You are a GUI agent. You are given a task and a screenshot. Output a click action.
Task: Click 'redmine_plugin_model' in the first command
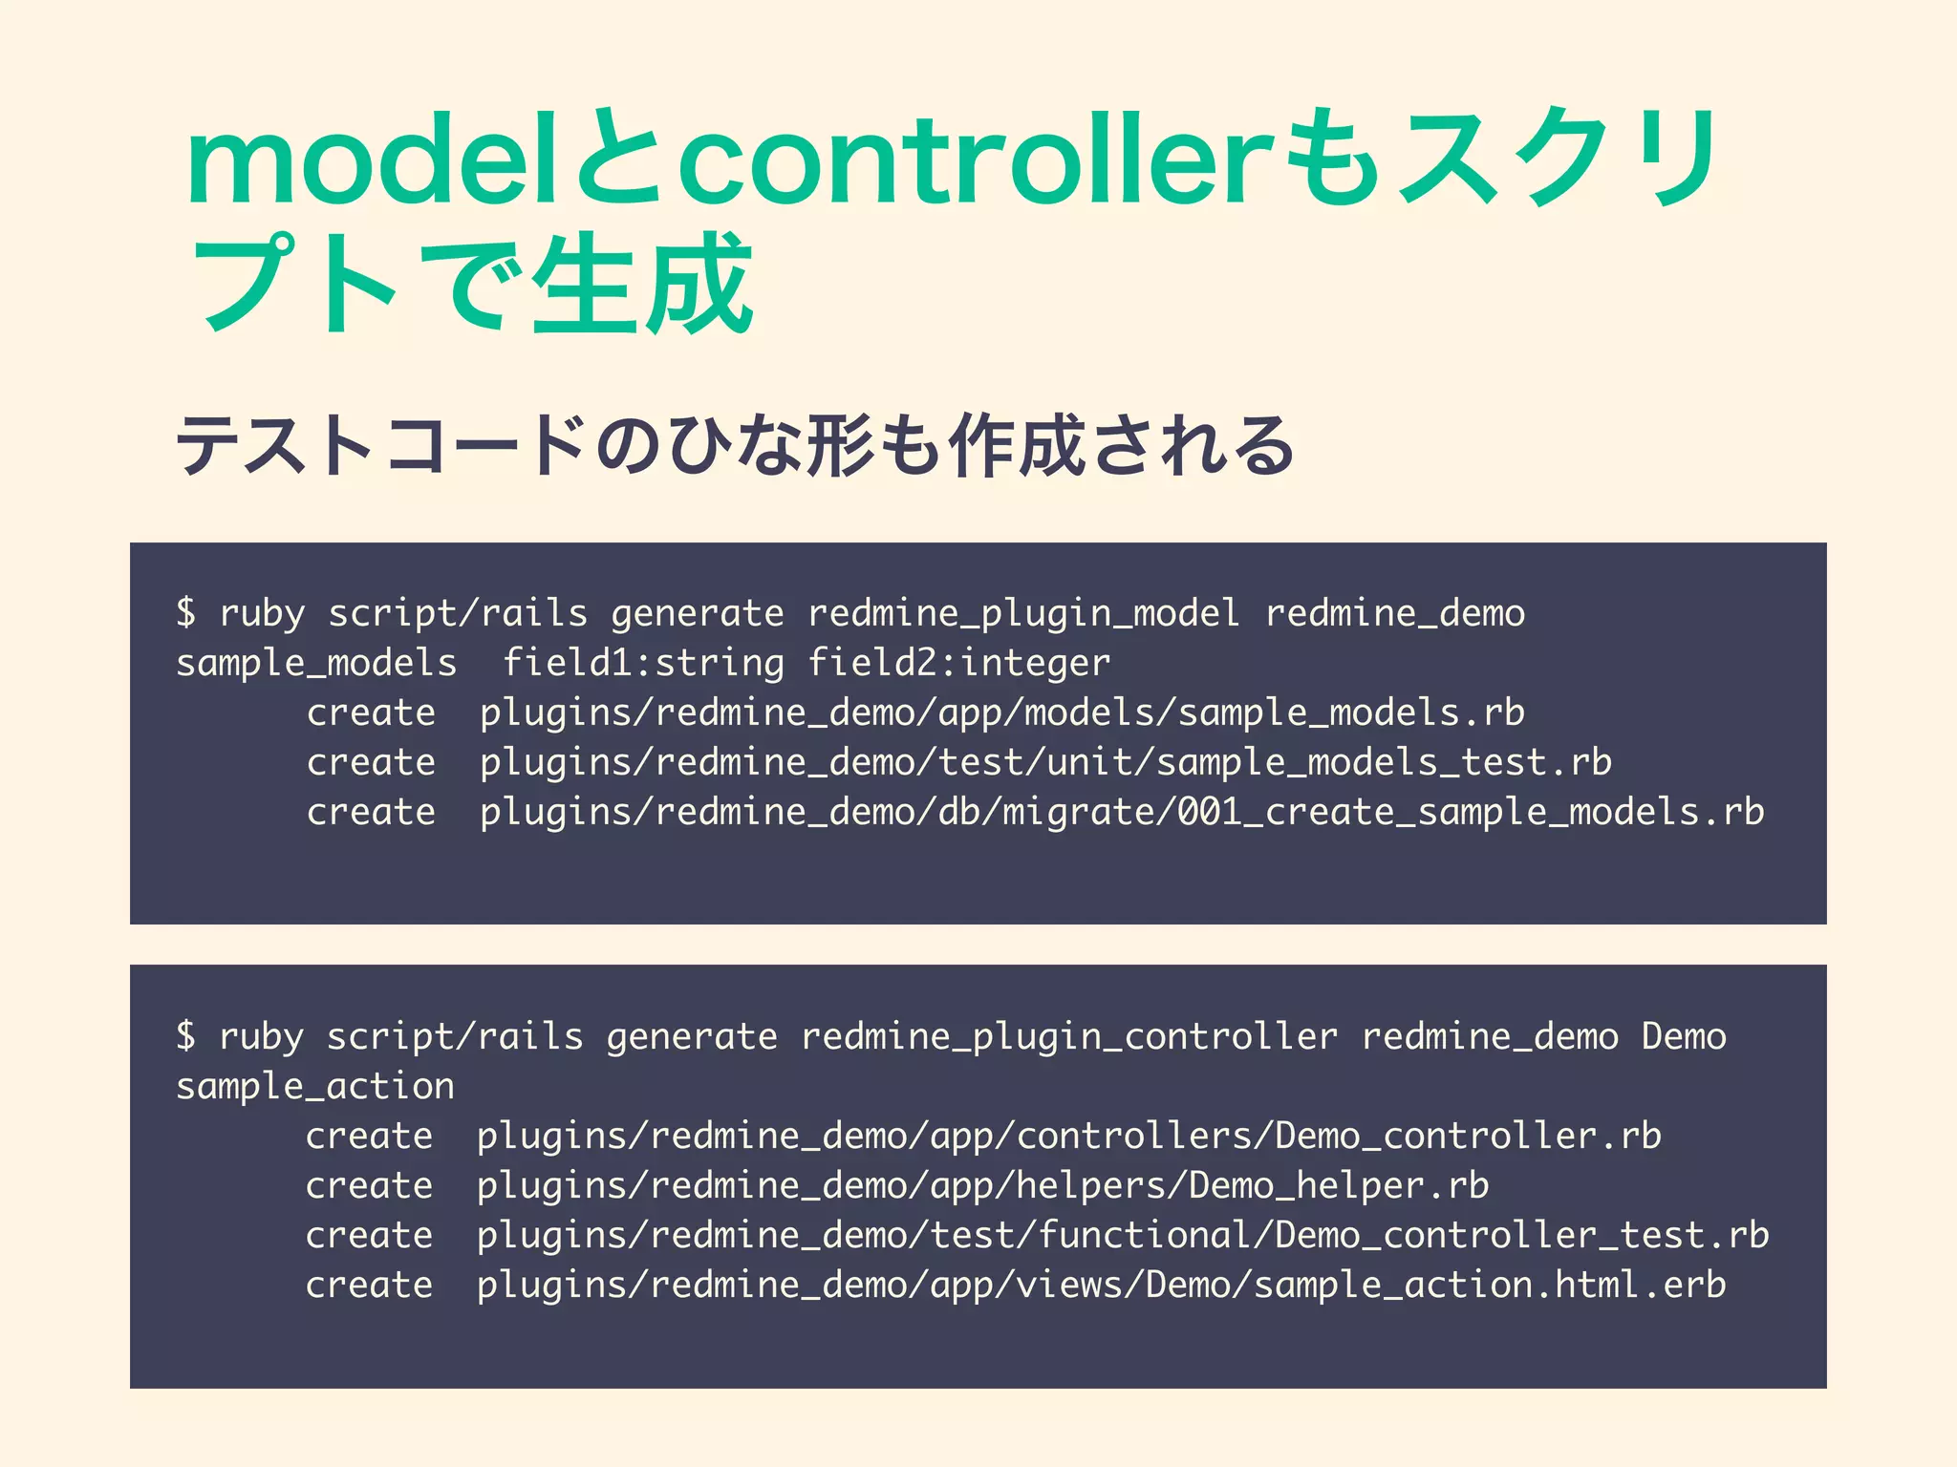[1023, 613]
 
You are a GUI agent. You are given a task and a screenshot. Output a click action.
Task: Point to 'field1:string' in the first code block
[643, 663]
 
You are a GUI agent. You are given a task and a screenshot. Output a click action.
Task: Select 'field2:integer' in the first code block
[959, 663]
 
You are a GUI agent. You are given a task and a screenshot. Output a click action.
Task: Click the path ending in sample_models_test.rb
[1045, 762]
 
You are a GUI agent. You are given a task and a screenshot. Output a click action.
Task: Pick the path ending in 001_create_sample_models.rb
[1122, 812]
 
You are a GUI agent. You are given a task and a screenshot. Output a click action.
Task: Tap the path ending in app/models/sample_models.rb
[1001, 712]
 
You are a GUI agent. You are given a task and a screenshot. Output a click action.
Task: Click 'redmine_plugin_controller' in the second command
[1069, 1036]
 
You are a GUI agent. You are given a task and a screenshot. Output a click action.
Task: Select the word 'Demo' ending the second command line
[1684, 1036]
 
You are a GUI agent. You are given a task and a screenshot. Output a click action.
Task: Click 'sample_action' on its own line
[315, 1087]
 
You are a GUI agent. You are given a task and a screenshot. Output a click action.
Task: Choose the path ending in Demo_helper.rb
[982, 1186]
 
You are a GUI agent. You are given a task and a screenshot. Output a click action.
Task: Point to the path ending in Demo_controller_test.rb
[1123, 1236]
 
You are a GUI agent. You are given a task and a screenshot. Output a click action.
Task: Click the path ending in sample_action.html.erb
[1101, 1286]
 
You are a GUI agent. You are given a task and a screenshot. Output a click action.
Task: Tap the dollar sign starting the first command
[186, 613]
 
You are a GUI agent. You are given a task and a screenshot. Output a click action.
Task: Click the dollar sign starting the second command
[186, 1036]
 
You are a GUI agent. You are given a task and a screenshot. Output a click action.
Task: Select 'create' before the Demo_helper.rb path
[369, 1186]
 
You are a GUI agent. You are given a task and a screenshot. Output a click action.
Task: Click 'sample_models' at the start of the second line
[316, 663]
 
